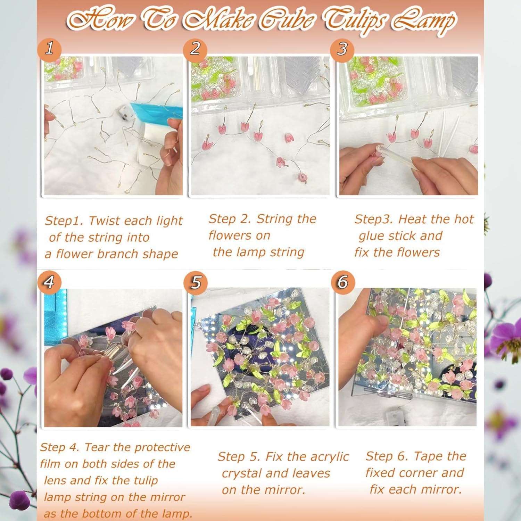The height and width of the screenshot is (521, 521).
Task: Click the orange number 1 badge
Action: pos(50,48)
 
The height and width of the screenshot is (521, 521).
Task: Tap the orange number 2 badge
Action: pos(195,48)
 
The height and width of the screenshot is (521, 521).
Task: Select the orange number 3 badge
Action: pos(342,49)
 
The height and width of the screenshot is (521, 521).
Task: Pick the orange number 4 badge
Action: pos(49,281)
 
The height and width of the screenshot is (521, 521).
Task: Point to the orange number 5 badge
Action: pos(196,282)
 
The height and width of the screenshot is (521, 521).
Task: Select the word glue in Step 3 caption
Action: pos(371,236)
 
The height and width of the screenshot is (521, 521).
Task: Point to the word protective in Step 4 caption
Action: pos(164,448)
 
